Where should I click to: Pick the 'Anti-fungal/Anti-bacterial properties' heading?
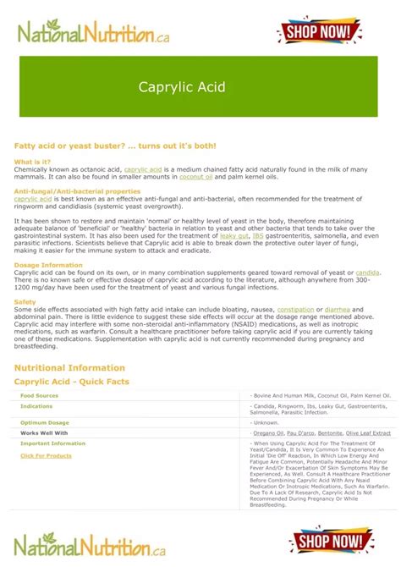tap(77, 191)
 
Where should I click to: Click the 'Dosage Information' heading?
tap(48, 265)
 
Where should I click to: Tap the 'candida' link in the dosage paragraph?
tap(367, 272)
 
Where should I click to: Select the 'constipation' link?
tap(295, 310)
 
